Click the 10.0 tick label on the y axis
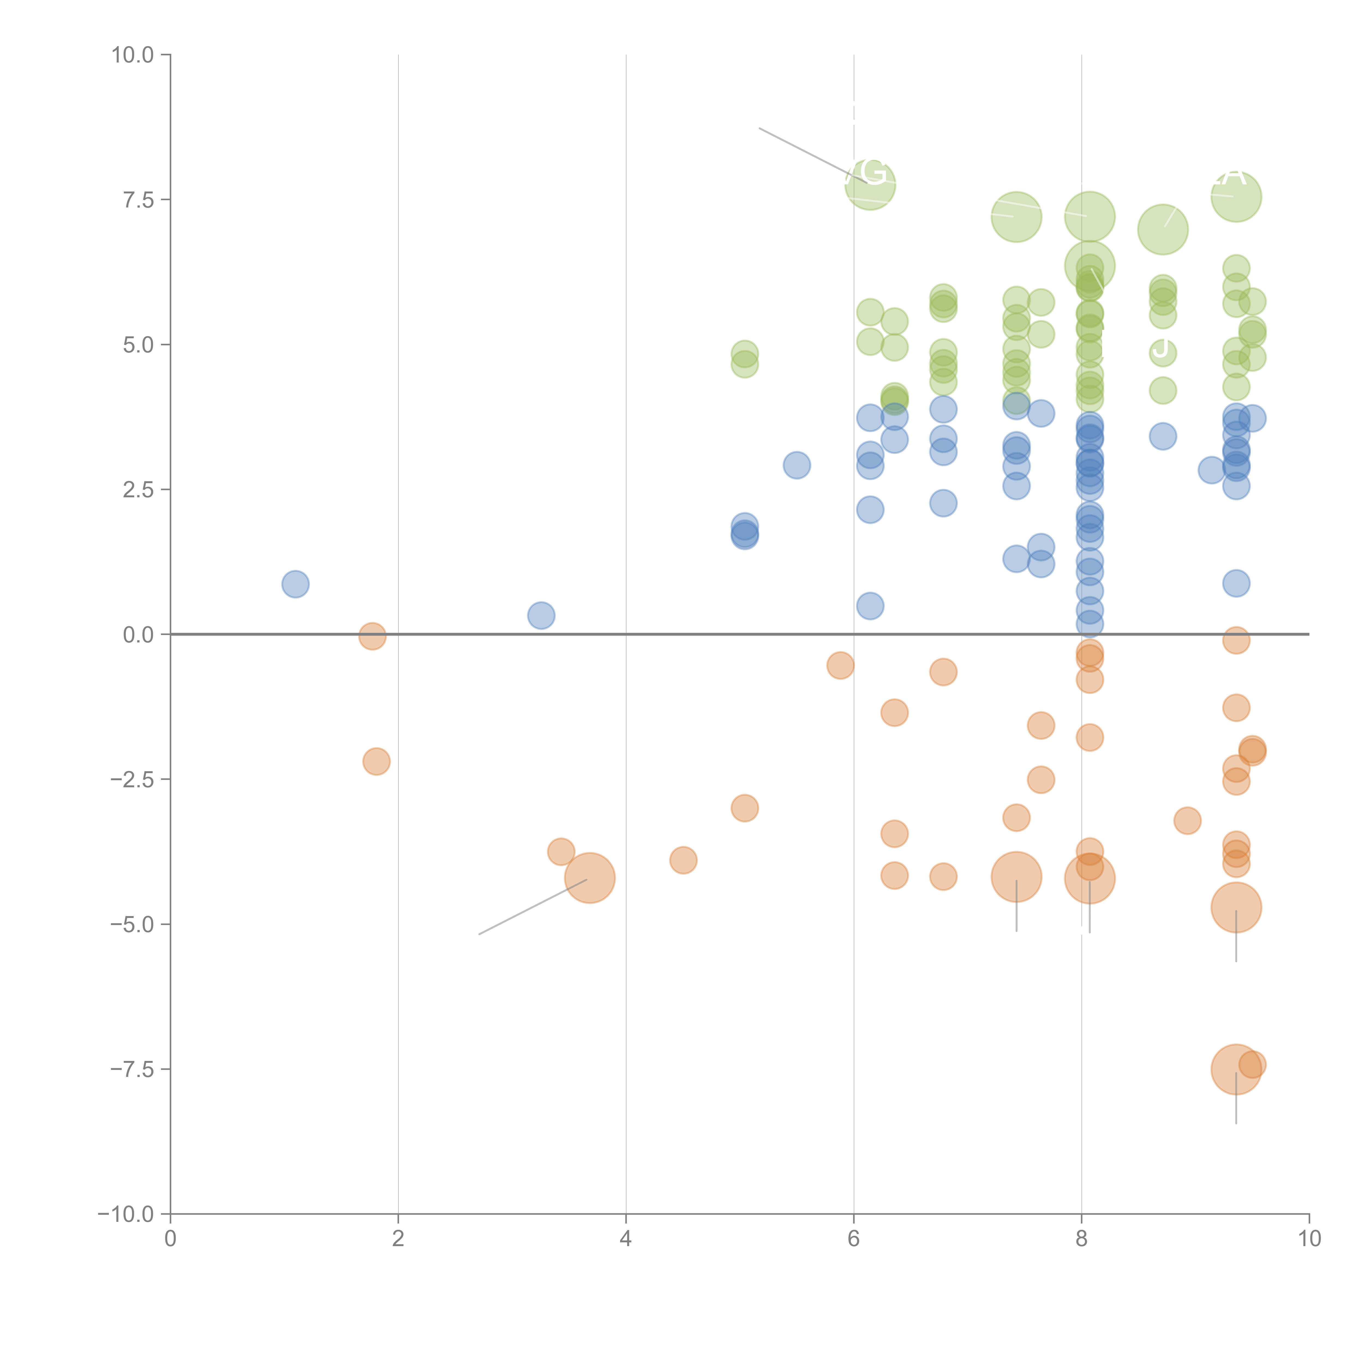pos(133,55)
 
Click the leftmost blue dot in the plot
pos(295,584)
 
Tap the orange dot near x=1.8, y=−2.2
pos(376,761)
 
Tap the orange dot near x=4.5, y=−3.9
pos(683,860)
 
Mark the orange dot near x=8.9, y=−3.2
pos(1187,820)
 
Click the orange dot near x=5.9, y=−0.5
pos(840,665)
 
